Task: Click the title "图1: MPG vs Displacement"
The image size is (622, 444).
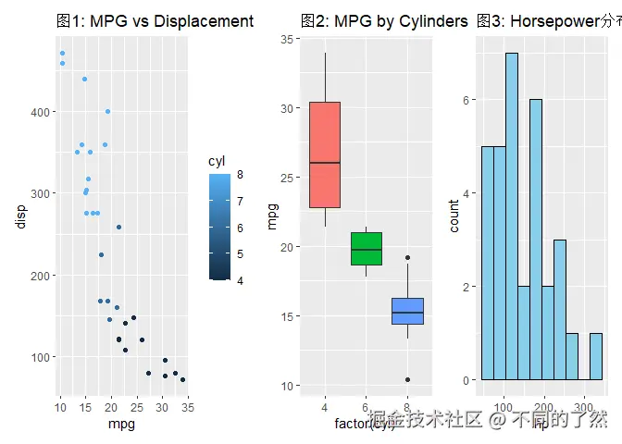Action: point(154,20)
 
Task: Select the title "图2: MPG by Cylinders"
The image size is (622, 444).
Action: point(384,20)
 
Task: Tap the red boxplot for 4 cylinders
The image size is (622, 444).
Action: point(325,154)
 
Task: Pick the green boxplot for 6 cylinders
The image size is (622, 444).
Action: point(367,249)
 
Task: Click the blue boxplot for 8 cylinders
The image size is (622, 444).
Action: point(407,311)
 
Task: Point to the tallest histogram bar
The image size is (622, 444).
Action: point(511,216)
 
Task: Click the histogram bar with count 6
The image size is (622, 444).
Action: point(535,240)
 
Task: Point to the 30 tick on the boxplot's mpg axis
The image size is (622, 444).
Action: point(288,108)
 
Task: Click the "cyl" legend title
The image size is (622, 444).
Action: point(217,161)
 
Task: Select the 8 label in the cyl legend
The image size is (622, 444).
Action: point(240,174)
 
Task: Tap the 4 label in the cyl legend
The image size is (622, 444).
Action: point(240,279)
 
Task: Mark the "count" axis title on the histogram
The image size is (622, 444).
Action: point(454,216)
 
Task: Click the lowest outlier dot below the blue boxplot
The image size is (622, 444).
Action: point(407,380)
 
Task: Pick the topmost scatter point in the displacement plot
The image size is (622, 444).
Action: point(62,54)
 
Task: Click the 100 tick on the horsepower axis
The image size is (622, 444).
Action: point(504,407)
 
